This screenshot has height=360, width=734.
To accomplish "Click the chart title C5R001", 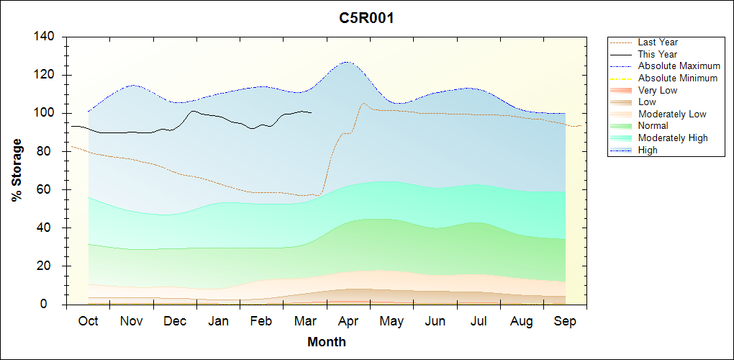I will (x=366, y=18).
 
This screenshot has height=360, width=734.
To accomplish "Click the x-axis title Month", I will (x=327, y=342).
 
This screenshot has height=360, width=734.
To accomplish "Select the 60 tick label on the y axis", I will (x=49, y=189).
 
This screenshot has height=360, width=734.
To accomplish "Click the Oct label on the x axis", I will (x=88, y=321).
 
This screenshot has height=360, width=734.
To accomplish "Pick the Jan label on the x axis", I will (x=218, y=321).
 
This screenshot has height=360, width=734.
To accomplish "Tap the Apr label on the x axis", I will (x=348, y=321).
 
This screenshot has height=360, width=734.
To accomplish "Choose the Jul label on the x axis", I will (x=479, y=321).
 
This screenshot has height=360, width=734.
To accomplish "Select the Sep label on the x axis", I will (x=565, y=321).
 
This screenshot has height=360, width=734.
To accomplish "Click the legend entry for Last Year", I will (x=658, y=42).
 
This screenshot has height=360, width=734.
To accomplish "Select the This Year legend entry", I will (x=658, y=54).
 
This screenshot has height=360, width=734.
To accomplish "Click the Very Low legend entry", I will (x=658, y=90).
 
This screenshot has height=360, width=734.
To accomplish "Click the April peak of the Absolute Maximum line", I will (x=347, y=62).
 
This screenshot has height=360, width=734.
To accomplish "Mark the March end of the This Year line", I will (x=311, y=112).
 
